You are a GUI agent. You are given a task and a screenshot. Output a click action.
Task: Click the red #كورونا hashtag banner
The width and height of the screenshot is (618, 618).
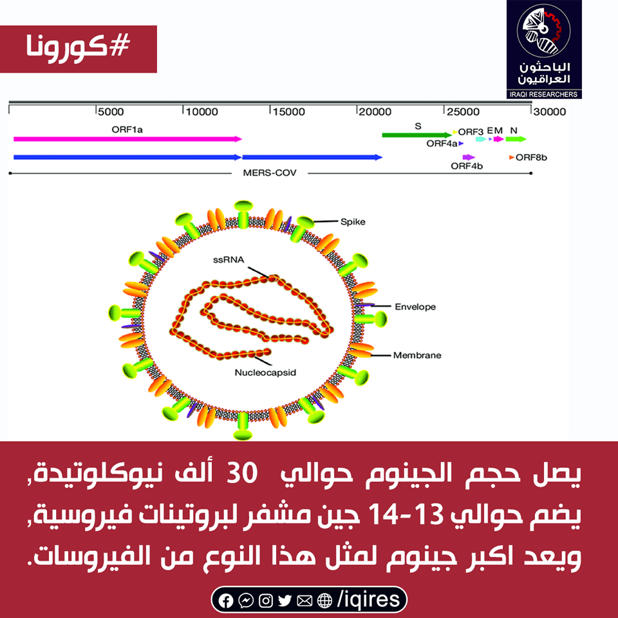(79, 49)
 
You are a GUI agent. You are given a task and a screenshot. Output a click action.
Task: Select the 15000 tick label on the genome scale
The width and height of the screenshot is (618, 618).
(289, 112)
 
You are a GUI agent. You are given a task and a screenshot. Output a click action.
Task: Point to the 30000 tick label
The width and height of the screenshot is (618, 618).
(550, 112)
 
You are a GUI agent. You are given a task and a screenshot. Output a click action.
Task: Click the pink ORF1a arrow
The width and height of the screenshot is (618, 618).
(127, 139)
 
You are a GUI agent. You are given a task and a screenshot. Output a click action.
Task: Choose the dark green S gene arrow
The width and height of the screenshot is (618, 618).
(417, 135)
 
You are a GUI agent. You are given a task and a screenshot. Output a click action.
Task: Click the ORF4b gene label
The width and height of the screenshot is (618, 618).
(467, 166)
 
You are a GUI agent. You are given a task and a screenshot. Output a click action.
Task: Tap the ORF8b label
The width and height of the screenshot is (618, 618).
(531, 158)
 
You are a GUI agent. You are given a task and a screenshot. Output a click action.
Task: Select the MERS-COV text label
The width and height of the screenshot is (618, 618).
(270, 173)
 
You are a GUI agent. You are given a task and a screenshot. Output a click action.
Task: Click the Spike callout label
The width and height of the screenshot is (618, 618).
(353, 222)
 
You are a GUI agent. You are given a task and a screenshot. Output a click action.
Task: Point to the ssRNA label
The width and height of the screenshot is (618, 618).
(229, 259)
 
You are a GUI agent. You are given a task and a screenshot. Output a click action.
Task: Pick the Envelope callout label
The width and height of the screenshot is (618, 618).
(415, 306)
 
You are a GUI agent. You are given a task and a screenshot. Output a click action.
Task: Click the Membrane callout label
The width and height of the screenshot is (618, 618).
(417, 355)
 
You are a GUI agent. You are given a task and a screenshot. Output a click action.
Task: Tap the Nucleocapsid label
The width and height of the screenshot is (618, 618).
(265, 373)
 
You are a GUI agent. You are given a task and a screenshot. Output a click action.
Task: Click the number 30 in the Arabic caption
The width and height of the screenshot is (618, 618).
(242, 473)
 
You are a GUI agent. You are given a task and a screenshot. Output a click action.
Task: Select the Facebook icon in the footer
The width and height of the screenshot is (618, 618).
(225, 601)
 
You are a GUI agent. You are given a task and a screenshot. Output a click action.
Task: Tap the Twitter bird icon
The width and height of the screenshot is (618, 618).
(285, 601)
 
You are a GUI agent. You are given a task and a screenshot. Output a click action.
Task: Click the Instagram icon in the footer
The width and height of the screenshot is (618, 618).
(265, 601)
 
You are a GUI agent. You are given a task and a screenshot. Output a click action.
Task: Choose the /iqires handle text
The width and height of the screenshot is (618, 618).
(368, 599)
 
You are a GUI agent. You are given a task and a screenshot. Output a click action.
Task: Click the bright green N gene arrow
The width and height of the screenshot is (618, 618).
(516, 139)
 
